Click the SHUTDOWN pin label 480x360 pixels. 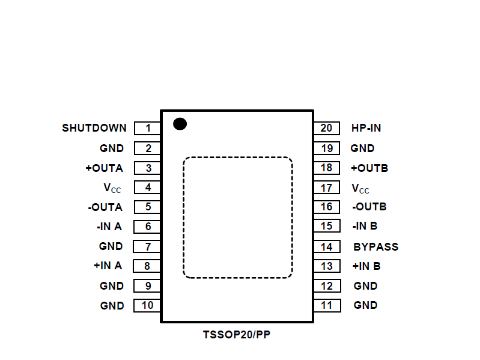tap(94, 128)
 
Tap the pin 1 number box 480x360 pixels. tap(147, 128)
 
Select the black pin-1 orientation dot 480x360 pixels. tap(180, 124)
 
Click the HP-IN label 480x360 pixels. tap(366, 128)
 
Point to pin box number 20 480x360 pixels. tap(326, 128)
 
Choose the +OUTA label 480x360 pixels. tap(104, 168)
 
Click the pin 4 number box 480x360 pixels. tap(147, 188)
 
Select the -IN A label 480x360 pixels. tap(109, 227)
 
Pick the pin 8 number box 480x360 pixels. tap(147, 266)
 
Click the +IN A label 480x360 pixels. tap(108, 266)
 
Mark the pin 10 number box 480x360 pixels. tap(147, 305)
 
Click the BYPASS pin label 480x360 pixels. tap(375, 246)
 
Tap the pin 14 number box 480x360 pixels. tap(326, 246)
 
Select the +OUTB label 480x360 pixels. tap(369, 168)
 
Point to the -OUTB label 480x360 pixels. tap(369, 207)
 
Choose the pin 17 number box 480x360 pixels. tap(326, 188)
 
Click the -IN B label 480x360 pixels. tap(365, 227)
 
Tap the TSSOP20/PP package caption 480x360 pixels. tap(237, 334)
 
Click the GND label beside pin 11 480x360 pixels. tap(365, 305)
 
